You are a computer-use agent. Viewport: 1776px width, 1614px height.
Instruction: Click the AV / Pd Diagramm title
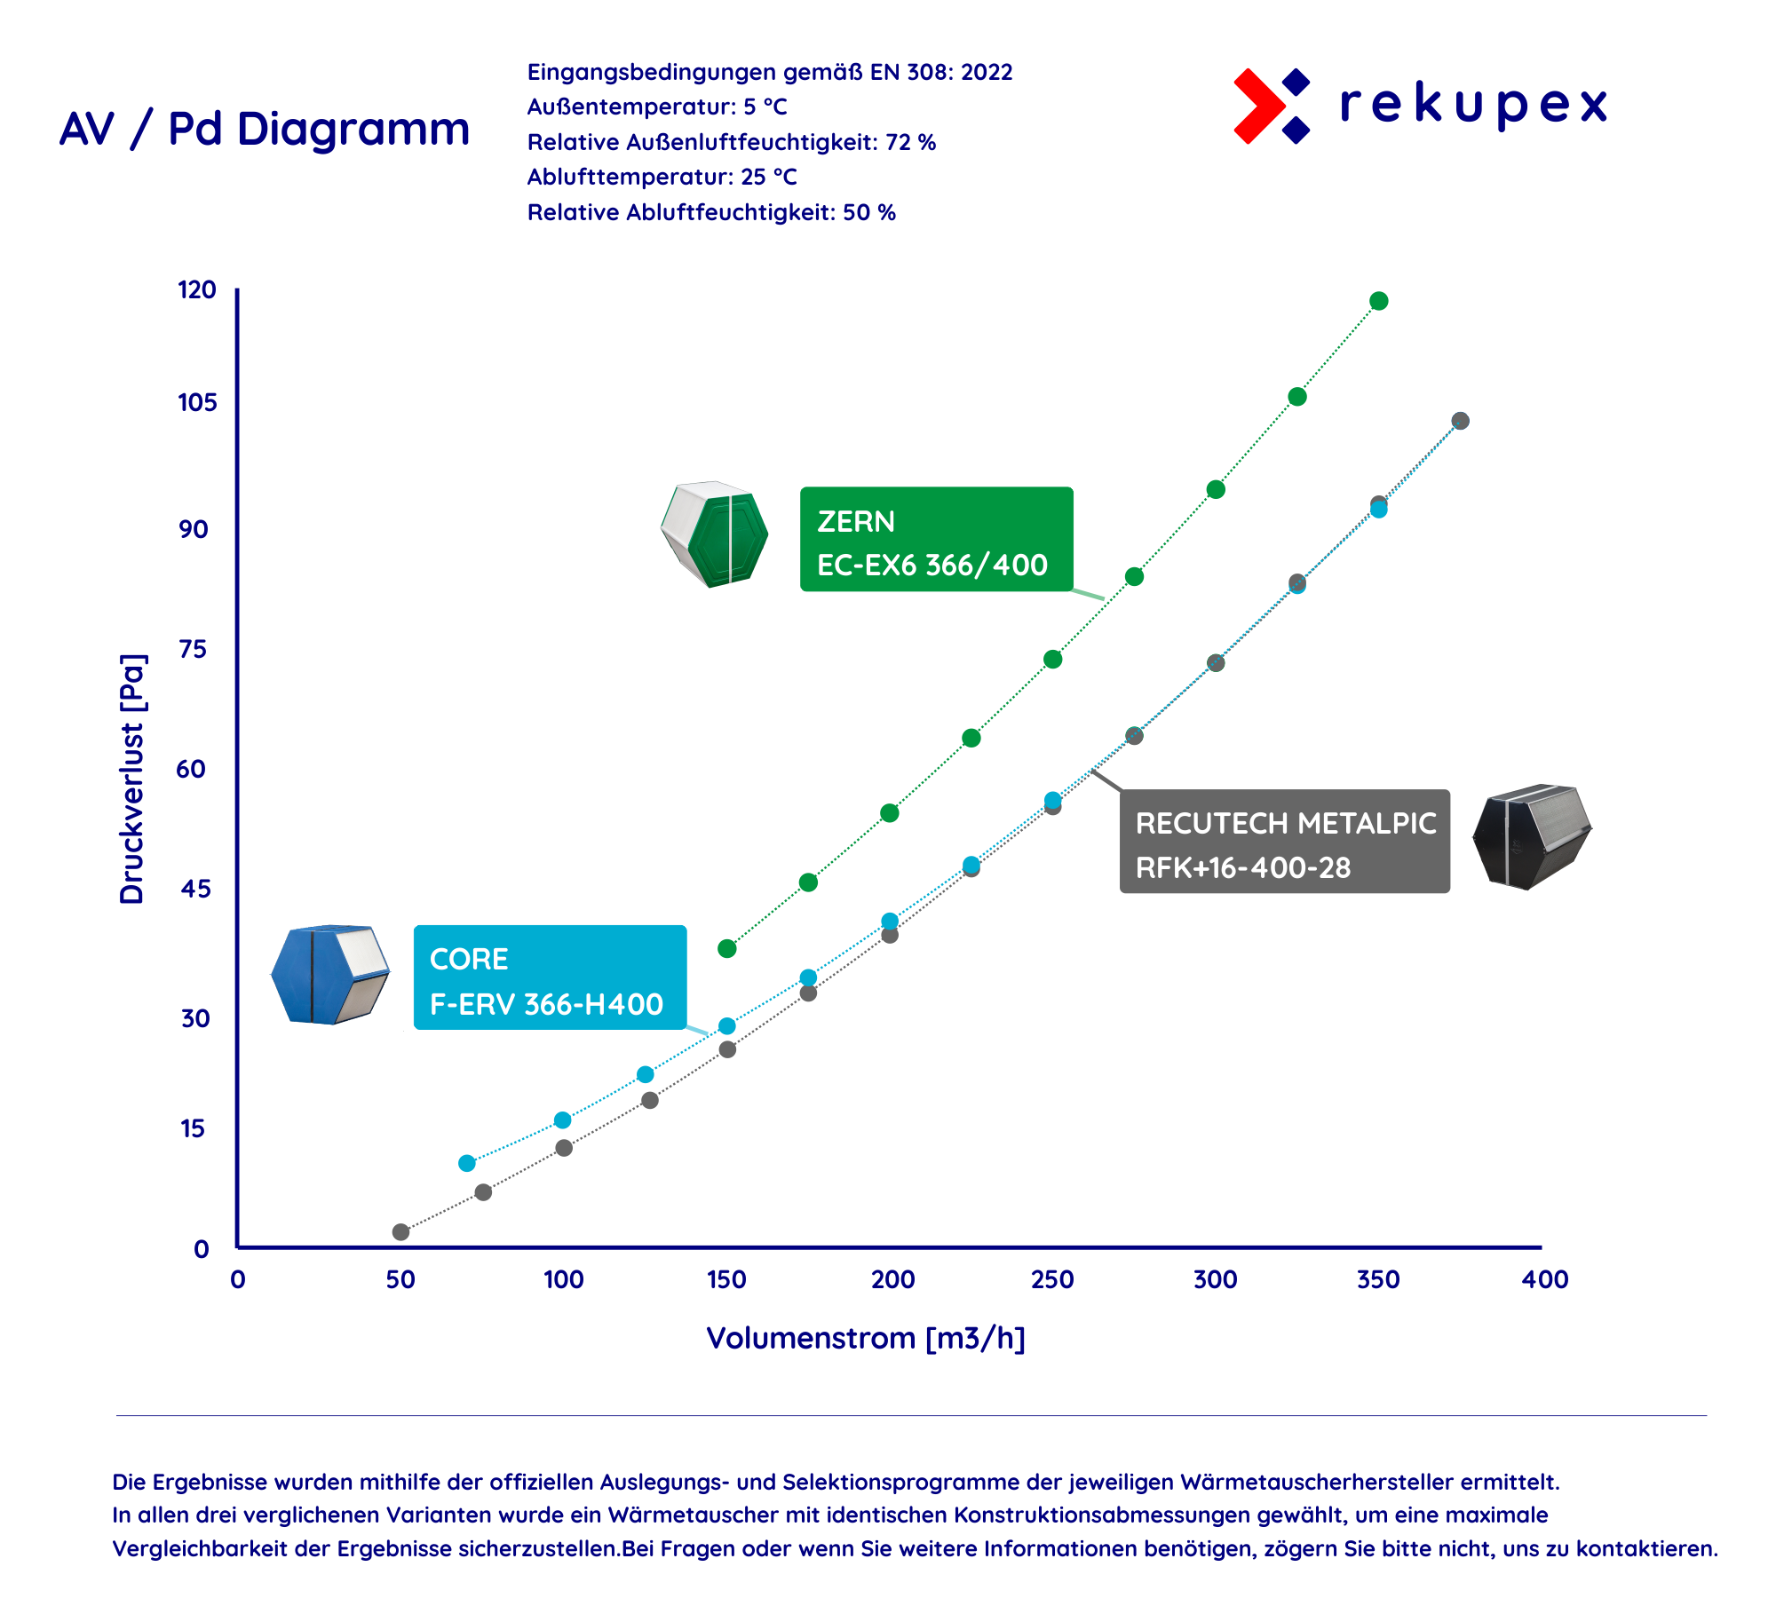coord(265,130)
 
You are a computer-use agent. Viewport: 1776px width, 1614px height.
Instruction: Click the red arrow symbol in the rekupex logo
coord(1258,106)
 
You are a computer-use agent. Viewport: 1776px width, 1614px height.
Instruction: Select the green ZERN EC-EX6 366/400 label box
coord(937,539)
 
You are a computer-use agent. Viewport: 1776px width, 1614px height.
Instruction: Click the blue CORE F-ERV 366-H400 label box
coord(551,977)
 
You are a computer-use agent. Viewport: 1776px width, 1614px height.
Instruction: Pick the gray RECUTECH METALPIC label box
coord(1285,841)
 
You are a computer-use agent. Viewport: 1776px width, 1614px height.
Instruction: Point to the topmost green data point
coord(1378,301)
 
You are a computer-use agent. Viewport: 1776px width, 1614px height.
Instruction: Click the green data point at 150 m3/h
coord(727,948)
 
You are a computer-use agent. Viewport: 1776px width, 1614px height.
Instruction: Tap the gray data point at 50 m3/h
coord(400,1231)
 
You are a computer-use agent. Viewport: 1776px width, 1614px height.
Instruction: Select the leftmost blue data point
coord(467,1163)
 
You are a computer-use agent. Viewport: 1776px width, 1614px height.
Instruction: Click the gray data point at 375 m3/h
coord(1460,421)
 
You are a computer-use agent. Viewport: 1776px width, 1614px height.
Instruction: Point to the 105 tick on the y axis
coord(197,402)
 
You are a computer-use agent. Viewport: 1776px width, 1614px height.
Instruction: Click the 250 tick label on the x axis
coord(1052,1279)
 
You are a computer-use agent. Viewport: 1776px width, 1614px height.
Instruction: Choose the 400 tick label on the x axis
coord(1545,1279)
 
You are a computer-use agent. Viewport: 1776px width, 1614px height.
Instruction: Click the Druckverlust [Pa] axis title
coord(132,779)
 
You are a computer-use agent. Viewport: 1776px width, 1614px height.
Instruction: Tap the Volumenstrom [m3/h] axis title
coord(866,1338)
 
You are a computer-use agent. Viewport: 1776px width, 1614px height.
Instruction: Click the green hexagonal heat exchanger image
coord(715,534)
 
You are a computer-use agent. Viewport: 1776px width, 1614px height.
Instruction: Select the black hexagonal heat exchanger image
coord(1532,836)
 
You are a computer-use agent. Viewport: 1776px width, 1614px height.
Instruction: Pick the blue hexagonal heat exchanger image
coord(330,974)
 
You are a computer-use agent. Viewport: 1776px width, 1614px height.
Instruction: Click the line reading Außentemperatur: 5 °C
coord(657,107)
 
